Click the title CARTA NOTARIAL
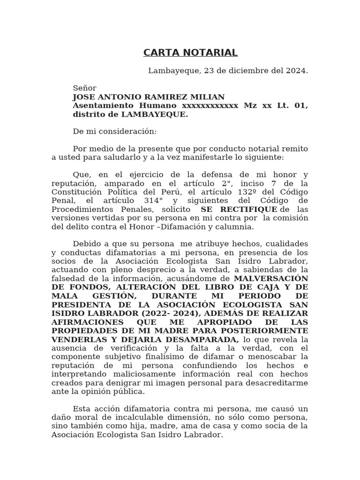point(190,52)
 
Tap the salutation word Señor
point(84,88)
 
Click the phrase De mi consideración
point(115,132)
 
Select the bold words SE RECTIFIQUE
point(239,210)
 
